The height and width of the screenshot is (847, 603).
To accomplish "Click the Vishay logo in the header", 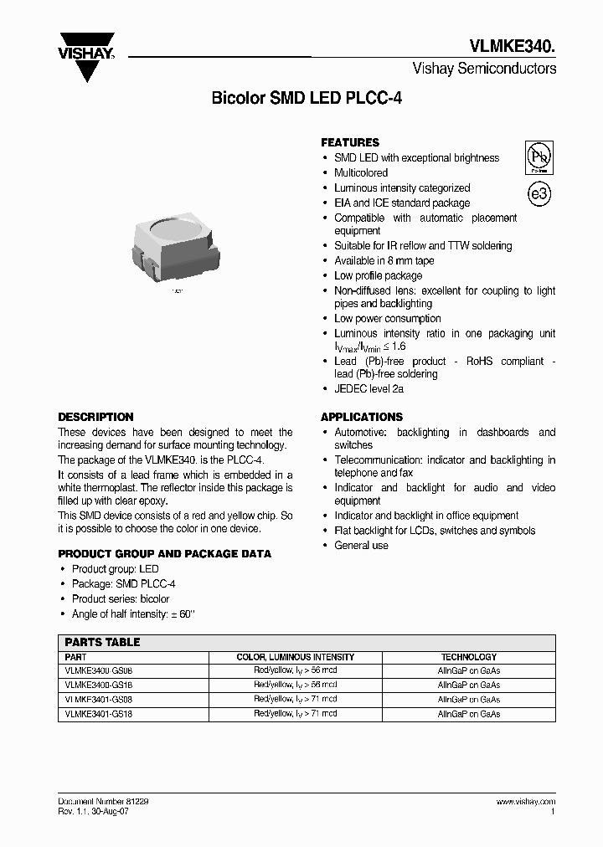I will point(85,56).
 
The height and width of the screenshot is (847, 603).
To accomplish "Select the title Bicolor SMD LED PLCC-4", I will point(307,98).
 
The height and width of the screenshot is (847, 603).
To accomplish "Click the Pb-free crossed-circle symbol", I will point(539,157).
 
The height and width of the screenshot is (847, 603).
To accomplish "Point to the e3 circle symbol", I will point(539,194).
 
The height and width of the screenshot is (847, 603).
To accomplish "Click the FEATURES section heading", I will point(350,142).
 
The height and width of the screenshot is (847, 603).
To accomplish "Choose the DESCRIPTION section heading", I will point(95,417).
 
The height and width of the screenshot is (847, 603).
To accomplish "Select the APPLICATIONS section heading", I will point(362,417).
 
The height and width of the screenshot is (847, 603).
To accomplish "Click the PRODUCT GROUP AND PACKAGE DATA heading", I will point(164,554).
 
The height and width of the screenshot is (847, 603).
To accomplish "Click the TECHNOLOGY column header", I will point(469,657).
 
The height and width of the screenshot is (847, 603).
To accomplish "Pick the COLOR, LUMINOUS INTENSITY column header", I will point(295,657).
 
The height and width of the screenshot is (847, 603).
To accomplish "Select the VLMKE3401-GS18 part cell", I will point(99,714).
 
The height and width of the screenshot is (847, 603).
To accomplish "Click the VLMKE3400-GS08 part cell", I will point(99,670).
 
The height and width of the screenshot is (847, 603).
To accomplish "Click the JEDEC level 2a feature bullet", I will point(369,389).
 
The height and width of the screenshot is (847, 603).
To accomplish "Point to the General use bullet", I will point(361,545).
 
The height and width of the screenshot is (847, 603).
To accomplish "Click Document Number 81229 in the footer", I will point(103,802).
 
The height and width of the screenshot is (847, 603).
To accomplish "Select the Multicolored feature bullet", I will point(361,172).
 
